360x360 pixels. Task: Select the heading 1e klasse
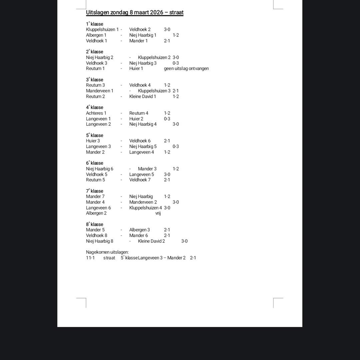pyautogui.click(x=95, y=24)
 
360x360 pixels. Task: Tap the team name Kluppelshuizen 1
pyautogui.click(x=102, y=30)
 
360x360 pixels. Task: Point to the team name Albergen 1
pyautogui.click(x=96, y=35)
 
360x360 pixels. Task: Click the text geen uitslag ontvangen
pyautogui.click(x=186, y=69)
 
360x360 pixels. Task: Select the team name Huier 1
pyautogui.click(x=136, y=69)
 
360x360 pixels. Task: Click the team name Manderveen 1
pyautogui.click(x=100, y=91)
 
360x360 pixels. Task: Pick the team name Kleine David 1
pyautogui.click(x=143, y=97)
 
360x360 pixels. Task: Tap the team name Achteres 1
pyautogui.click(x=96, y=113)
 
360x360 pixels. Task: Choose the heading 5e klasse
pyautogui.click(x=95, y=135)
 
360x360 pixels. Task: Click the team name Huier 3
pyautogui.click(x=93, y=141)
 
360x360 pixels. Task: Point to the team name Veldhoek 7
pyautogui.click(x=140, y=180)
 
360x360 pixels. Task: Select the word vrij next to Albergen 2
pyautogui.click(x=158, y=213)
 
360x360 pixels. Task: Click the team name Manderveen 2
pyautogui.click(x=143, y=202)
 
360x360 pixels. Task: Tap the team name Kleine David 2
pyautogui.click(x=151, y=241)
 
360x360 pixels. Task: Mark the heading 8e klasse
pyautogui.click(x=95, y=224)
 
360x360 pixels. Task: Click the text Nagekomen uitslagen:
pyautogui.click(x=107, y=252)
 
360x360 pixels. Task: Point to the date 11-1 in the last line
pyautogui.click(x=90, y=258)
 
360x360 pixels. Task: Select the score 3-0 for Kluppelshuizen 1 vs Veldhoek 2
pyautogui.click(x=167, y=30)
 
